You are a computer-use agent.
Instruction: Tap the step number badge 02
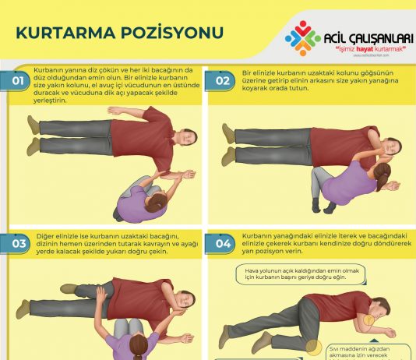(x=223, y=80)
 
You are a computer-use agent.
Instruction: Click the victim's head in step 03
(x=184, y=299)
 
